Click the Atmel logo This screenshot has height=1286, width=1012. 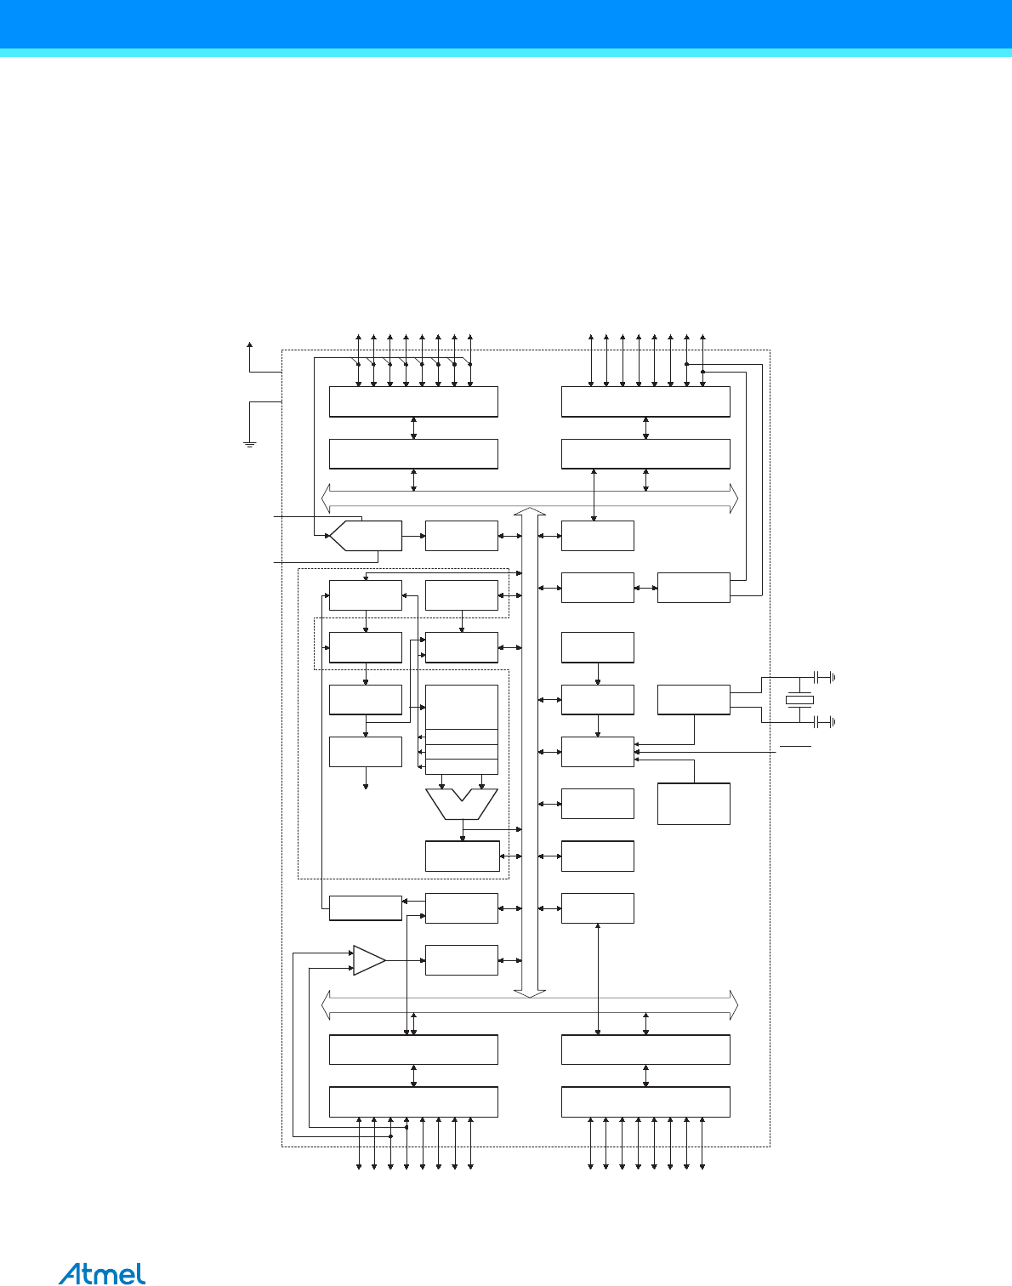102,1272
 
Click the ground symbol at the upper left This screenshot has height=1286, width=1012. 250,443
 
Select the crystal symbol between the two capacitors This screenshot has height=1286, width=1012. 799,700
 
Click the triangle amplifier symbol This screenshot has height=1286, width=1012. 368,960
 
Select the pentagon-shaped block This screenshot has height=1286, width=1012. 366,536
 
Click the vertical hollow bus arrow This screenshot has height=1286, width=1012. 530,752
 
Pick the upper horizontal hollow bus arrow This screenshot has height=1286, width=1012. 530,498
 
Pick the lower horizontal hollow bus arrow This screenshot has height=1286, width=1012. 530,1005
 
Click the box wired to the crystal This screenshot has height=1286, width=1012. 693,699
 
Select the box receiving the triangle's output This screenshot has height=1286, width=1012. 461,960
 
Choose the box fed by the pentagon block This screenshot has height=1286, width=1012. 461,536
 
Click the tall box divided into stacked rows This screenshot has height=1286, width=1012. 461,729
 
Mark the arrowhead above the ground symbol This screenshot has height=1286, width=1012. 250,344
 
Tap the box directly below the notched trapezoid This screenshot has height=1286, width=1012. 462,856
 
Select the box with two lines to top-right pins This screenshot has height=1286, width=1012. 693,588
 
